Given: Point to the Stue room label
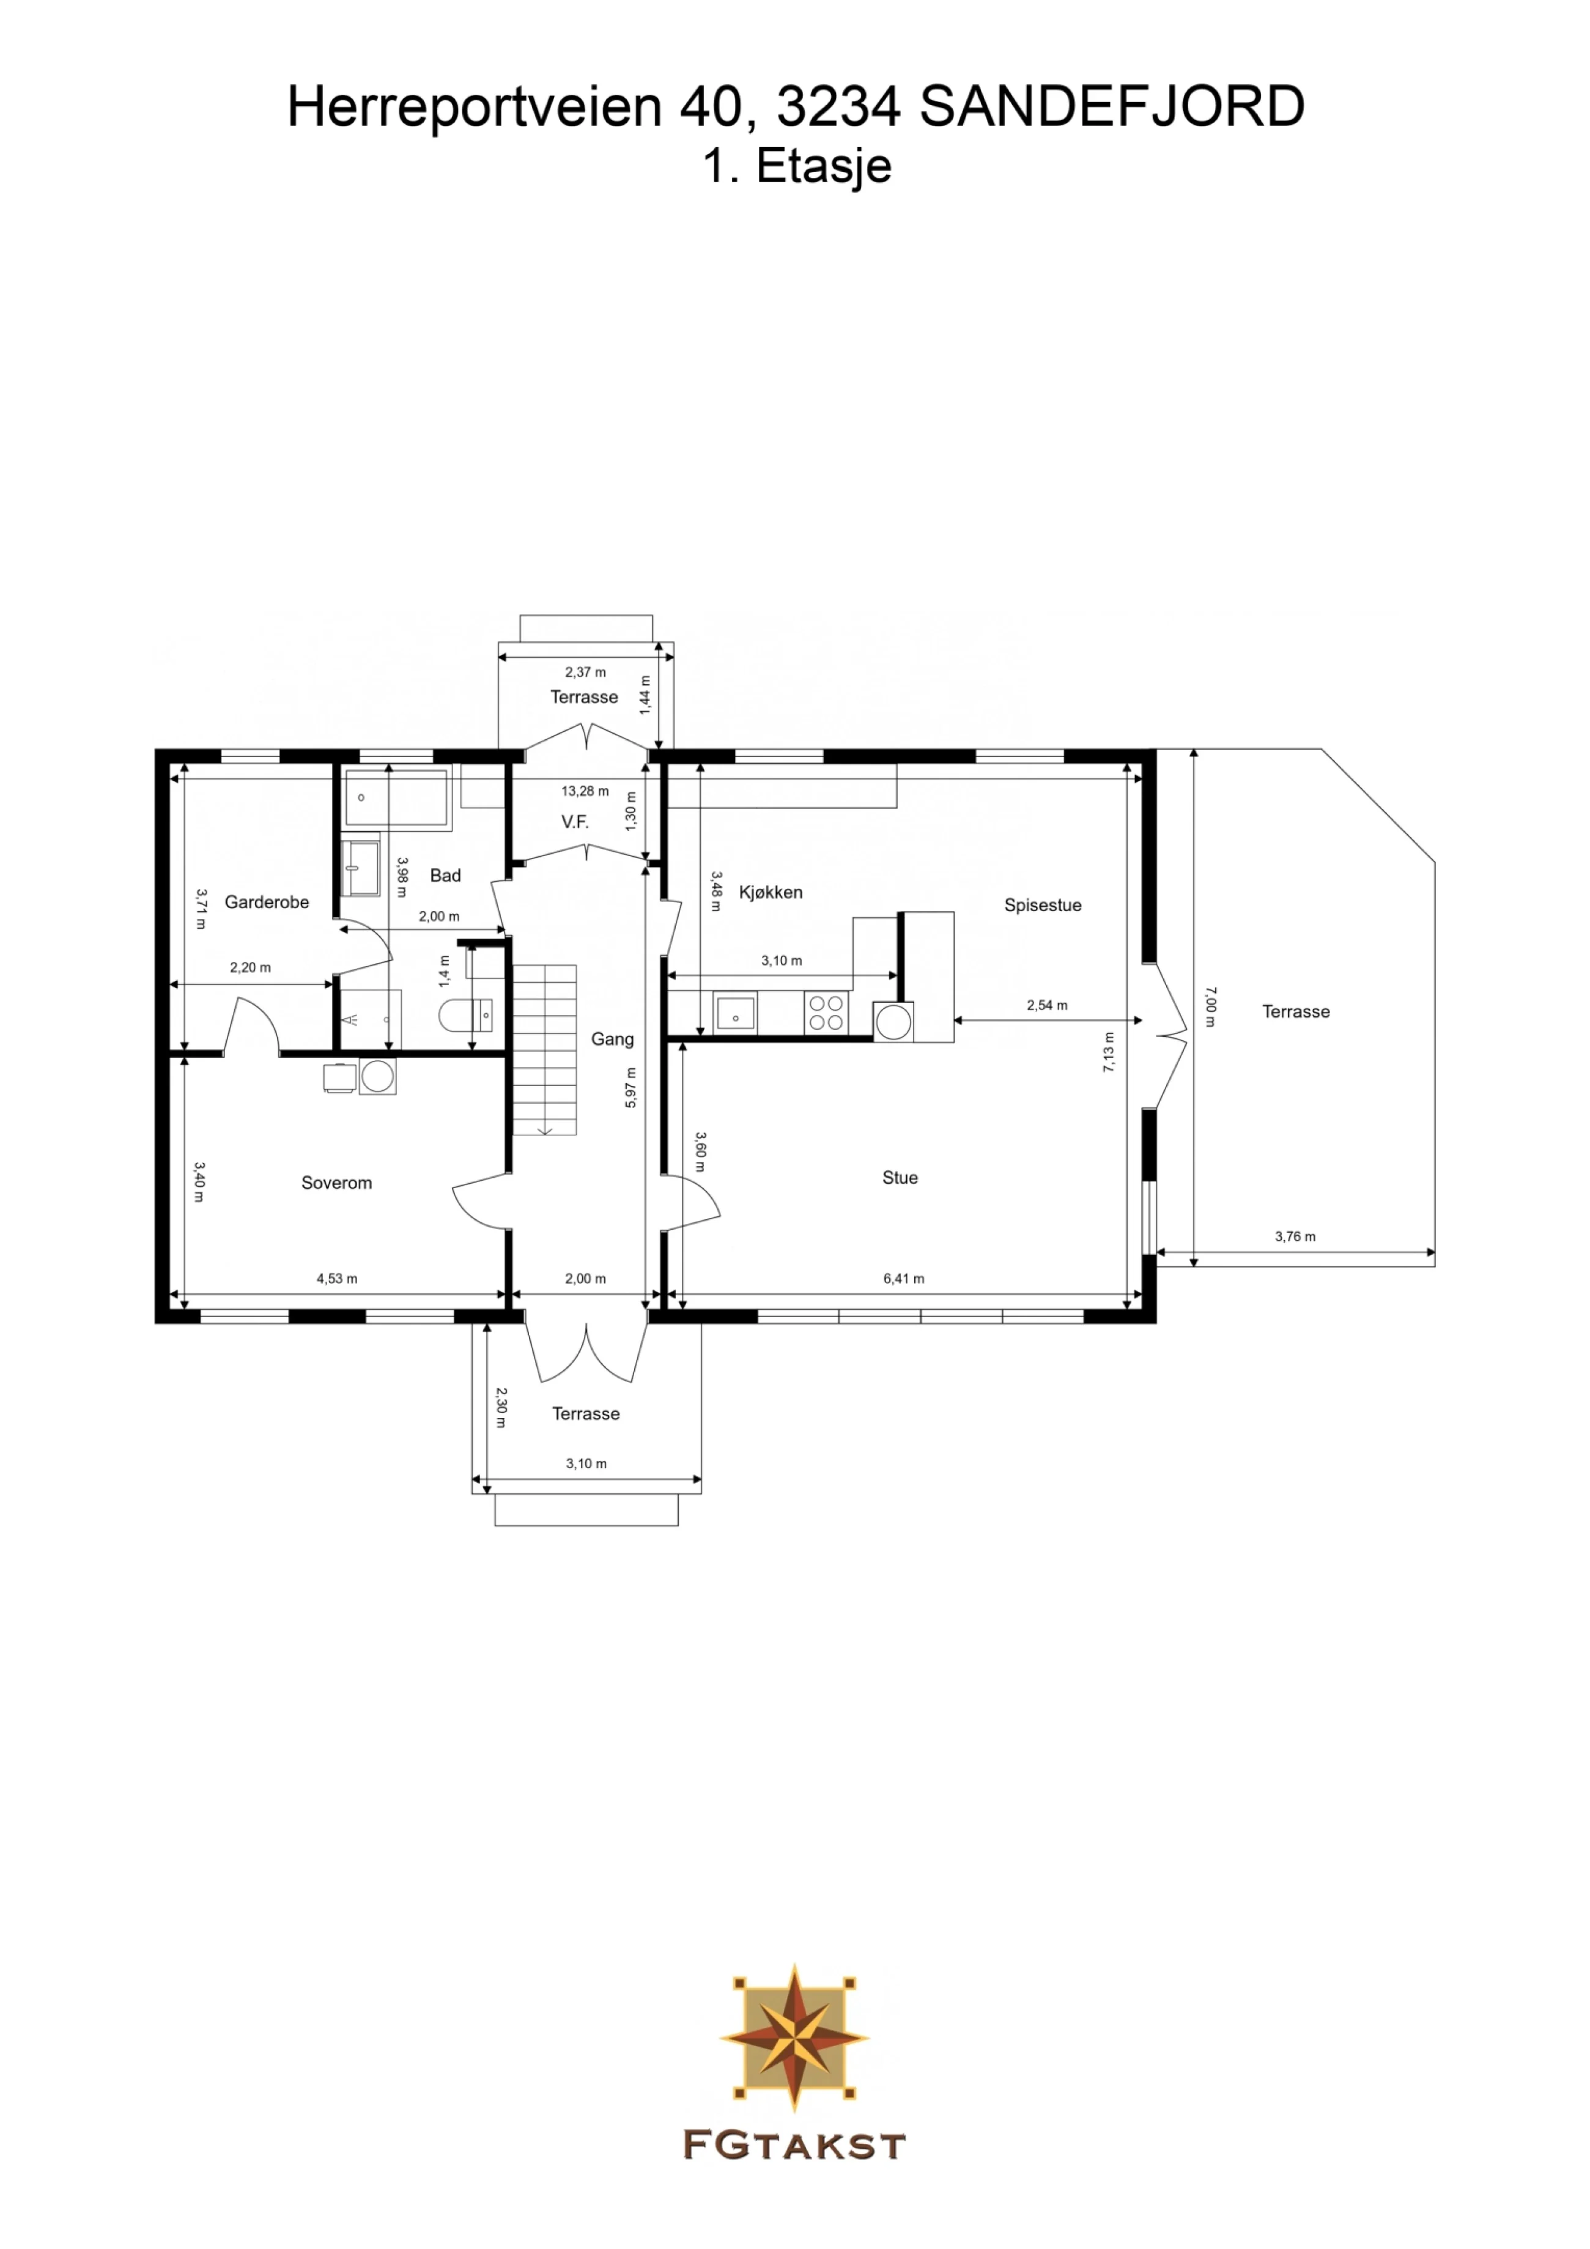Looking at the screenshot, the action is [x=900, y=1178].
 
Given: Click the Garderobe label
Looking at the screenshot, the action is [x=267, y=902].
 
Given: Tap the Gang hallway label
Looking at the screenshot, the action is [x=612, y=1040].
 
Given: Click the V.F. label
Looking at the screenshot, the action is [x=575, y=822].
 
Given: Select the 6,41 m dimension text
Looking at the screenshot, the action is [x=903, y=1279].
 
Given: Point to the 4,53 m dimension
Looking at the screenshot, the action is [x=337, y=1279].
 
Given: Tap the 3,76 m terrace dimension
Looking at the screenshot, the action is [x=1295, y=1236].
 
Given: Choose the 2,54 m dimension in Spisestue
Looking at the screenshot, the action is [x=1048, y=1005].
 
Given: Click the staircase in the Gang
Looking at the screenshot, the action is [x=545, y=1050].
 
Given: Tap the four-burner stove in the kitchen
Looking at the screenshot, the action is [x=825, y=1013].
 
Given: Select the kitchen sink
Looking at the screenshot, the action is [x=736, y=1013].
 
